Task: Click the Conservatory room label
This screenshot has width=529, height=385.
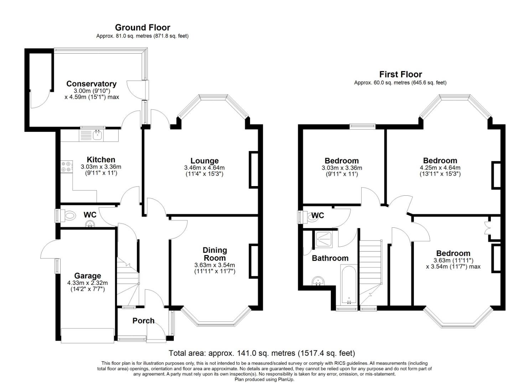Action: [x=91, y=84]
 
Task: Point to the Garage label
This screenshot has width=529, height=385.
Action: [x=87, y=276]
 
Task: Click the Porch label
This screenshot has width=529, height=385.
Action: [x=143, y=320]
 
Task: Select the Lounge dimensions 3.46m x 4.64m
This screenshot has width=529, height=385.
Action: [x=204, y=168]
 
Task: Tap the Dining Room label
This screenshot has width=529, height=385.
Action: [x=214, y=254]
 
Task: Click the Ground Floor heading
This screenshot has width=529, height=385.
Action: [x=142, y=27]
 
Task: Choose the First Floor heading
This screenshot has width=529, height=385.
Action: [x=400, y=74]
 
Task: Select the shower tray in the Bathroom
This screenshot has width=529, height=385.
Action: [x=324, y=240]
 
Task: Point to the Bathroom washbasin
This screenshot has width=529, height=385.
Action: [x=317, y=282]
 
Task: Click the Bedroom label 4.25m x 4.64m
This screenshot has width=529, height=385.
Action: [x=440, y=160]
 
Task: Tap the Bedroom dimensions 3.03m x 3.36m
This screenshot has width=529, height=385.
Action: [x=342, y=168]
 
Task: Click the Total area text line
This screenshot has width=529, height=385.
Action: [x=262, y=353]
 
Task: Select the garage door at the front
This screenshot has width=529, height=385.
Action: [x=87, y=335]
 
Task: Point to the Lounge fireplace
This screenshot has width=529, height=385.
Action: [x=253, y=170]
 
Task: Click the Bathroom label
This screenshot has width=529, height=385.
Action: [x=330, y=258]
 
